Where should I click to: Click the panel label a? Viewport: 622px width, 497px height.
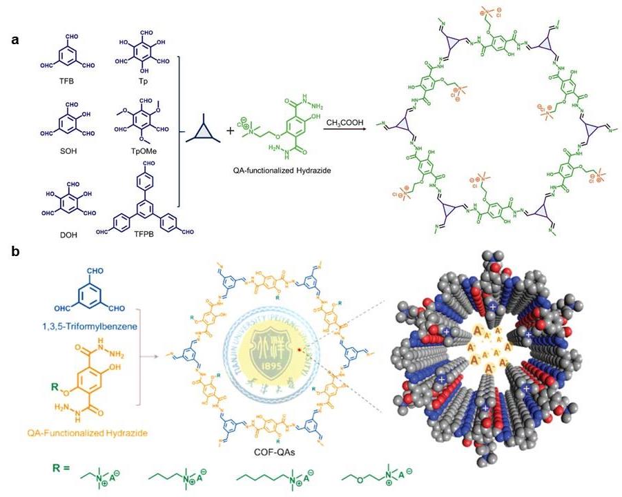pyautogui.click(x=15, y=39)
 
